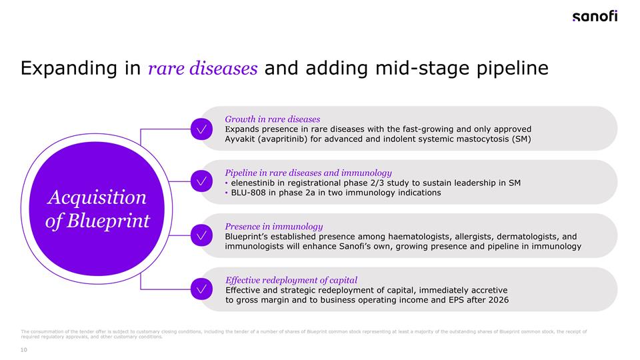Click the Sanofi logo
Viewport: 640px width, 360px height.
click(x=595, y=17)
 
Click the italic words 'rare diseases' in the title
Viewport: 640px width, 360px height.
click(x=203, y=69)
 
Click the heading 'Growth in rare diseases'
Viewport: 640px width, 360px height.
click(x=272, y=119)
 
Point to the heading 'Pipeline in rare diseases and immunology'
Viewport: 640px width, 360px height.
click(x=308, y=173)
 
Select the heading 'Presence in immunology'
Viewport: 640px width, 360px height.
click(x=273, y=227)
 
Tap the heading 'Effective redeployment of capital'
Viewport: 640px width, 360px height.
click(x=291, y=280)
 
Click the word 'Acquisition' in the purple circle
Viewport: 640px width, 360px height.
click(x=97, y=197)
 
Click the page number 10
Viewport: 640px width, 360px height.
click(x=25, y=349)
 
